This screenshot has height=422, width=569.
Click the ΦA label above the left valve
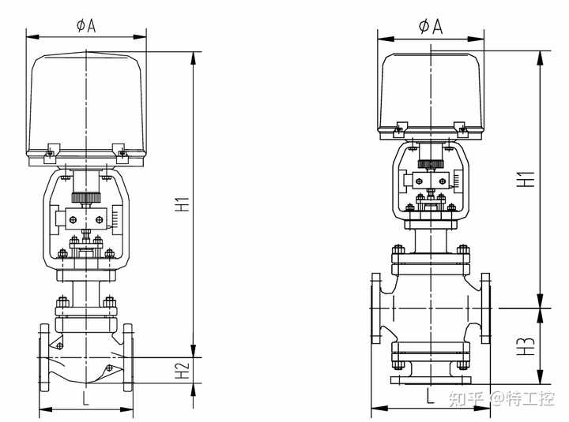(x=86, y=26)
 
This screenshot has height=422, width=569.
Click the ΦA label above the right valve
(x=431, y=27)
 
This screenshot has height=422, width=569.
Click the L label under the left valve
(x=85, y=398)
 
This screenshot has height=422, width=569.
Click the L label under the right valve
(x=430, y=396)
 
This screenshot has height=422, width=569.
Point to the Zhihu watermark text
(x=502, y=399)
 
